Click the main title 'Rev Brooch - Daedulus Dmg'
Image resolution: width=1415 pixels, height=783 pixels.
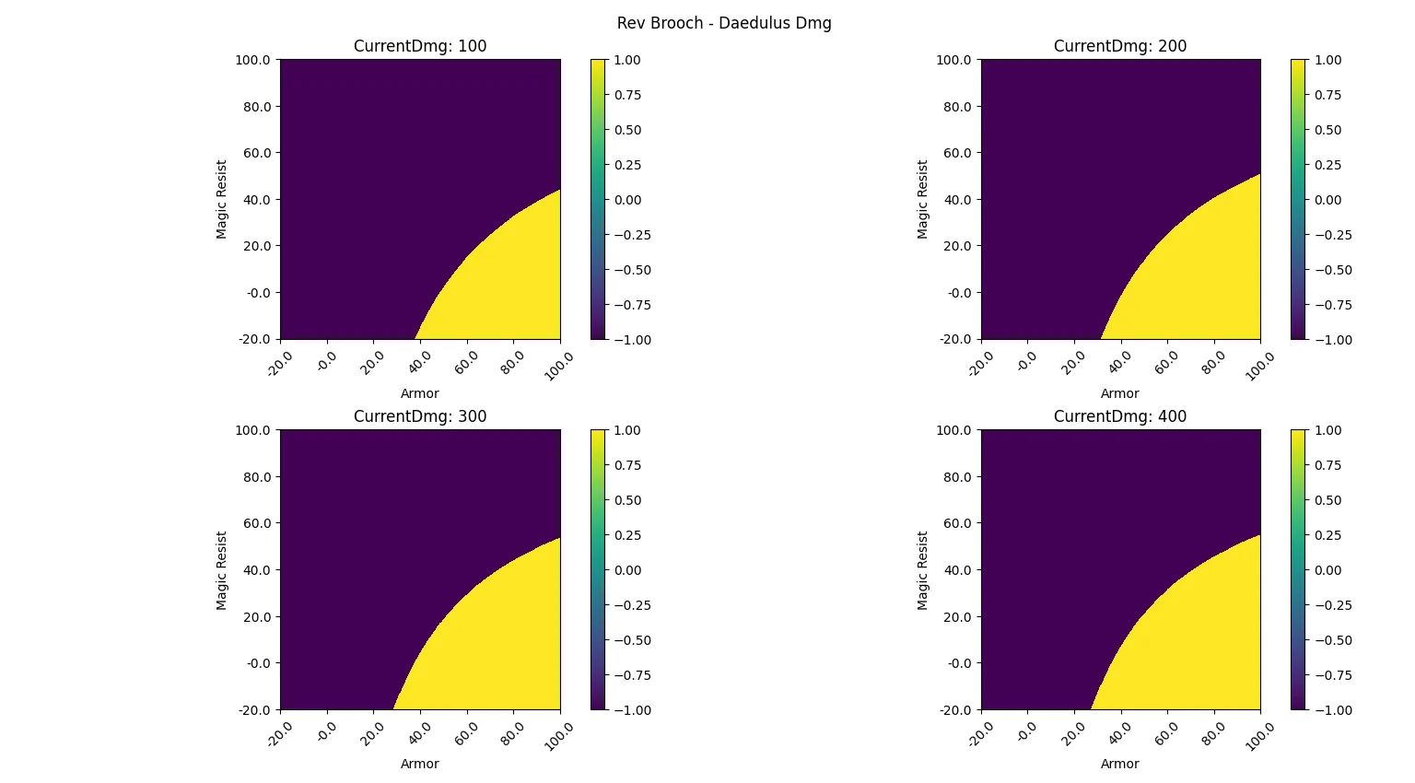[724, 23]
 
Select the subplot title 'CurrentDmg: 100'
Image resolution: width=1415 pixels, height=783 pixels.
[420, 46]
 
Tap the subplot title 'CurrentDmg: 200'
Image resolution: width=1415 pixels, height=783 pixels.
[1120, 46]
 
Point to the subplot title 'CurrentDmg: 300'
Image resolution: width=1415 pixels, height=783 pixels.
[420, 416]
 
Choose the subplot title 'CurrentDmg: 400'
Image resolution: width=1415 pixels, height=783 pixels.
[1120, 416]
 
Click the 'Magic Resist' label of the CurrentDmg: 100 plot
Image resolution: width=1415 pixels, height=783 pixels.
[222, 200]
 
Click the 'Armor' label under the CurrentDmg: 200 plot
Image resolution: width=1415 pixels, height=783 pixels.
[1120, 393]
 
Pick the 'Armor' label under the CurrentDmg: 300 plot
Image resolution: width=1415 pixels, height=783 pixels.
[420, 764]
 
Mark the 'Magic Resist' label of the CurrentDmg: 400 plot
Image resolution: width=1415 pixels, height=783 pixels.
[922, 570]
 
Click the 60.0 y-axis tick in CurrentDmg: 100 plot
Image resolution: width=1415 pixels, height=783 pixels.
[257, 153]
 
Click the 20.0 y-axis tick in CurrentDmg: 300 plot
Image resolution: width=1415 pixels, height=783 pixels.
[257, 617]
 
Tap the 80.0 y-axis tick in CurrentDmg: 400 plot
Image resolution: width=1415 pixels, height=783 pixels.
[957, 477]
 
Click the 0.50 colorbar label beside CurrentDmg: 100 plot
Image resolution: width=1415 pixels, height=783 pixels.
[628, 130]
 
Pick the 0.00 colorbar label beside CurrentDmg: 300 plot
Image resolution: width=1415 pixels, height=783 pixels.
[628, 570]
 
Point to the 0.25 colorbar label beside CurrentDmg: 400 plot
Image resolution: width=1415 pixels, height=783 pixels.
[1328, 535]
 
